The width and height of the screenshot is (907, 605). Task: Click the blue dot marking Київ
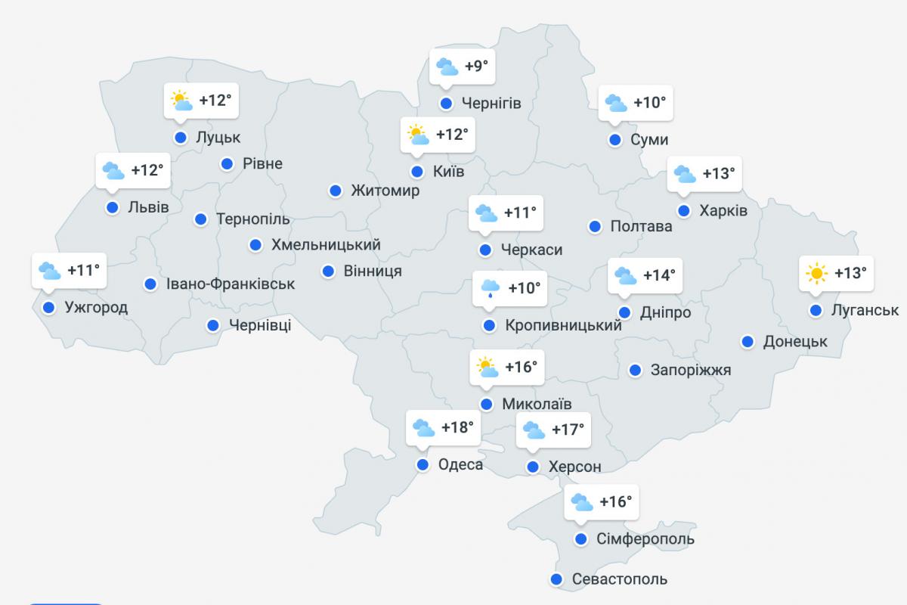pos(416,172)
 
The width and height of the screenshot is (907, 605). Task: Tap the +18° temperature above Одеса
pos(457,427)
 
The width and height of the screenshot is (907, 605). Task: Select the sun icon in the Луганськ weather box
pos(816,273)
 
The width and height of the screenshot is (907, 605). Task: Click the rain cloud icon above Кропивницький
pos(490,289)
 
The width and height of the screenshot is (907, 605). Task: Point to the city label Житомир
pos(385,191)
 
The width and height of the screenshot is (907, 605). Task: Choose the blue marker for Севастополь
pos(557,580)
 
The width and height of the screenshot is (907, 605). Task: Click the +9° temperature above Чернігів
pos(476,67)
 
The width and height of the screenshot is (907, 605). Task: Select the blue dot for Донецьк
pos(748,342)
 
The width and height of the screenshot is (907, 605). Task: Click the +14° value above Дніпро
pos(658,275)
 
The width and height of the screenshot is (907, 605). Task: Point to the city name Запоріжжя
pos(691,371)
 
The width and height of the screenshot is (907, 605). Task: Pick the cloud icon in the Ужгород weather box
pos(50,270)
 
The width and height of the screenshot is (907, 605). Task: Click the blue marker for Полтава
pos(596,226)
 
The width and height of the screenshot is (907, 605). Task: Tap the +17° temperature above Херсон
pos(568,430)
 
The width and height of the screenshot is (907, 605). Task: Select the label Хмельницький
pos(326,245)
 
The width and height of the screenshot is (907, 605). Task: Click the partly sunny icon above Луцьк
pos(181,101)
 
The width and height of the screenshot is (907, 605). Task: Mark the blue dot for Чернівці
pos(213,325)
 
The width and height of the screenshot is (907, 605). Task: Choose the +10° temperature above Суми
pos(649,103)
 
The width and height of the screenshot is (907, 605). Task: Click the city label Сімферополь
pos(645,539)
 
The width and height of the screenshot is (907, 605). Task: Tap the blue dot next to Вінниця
pos(328,271)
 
